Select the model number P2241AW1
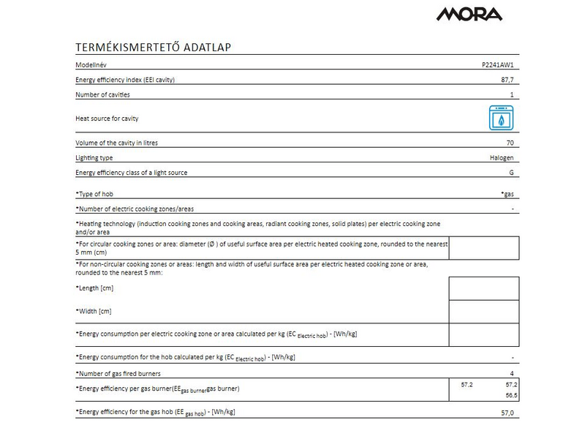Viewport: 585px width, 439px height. pyautogui.click(x=497, y=64)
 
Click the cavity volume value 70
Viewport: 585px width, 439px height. pyautogui.click(x=510, y=143)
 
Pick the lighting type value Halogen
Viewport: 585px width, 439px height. pyautogui.click(x=502, y=158)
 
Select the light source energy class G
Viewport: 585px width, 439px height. pyautogui.click(x=512, y=173)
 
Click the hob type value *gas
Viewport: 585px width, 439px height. pyautogui.click(x=507, y=194)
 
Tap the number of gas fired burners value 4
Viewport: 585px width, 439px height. pyautogui.click(x=512, y=373)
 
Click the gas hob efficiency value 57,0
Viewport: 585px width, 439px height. pyautogui.click(x=507, y=413)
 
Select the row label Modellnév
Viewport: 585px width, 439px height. pyautogui.click(x=92, y=64)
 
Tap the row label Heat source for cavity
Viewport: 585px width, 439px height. pyautogui.click(x=107, y=118)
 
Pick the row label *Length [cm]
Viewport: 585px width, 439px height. pyautogui.click(x=94, y=288)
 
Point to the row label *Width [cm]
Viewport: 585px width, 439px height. pyautogui.click(x=94, y=311)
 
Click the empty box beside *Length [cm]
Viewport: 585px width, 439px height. pyautogui.click(x=483, y=288)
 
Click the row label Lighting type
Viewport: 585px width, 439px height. pyautogui.click(x=94, y=158)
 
